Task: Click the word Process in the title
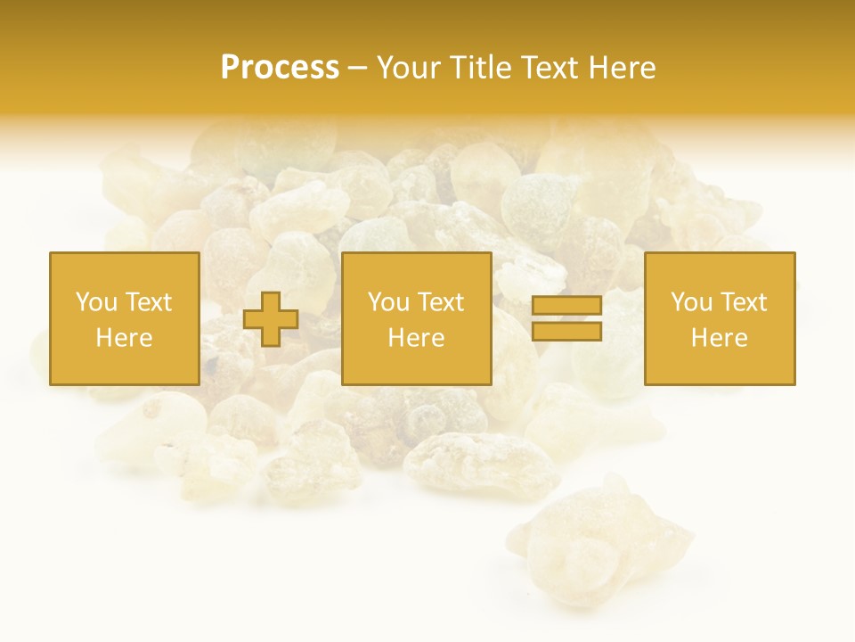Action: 280,68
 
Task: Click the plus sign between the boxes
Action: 271,319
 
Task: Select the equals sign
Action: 566,318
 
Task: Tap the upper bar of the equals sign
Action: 566,306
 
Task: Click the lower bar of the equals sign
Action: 566,332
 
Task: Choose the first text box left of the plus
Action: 125,318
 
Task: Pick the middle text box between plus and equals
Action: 416,318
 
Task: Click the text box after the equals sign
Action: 719,318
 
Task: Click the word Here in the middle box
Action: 416,338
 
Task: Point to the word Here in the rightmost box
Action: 719,338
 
